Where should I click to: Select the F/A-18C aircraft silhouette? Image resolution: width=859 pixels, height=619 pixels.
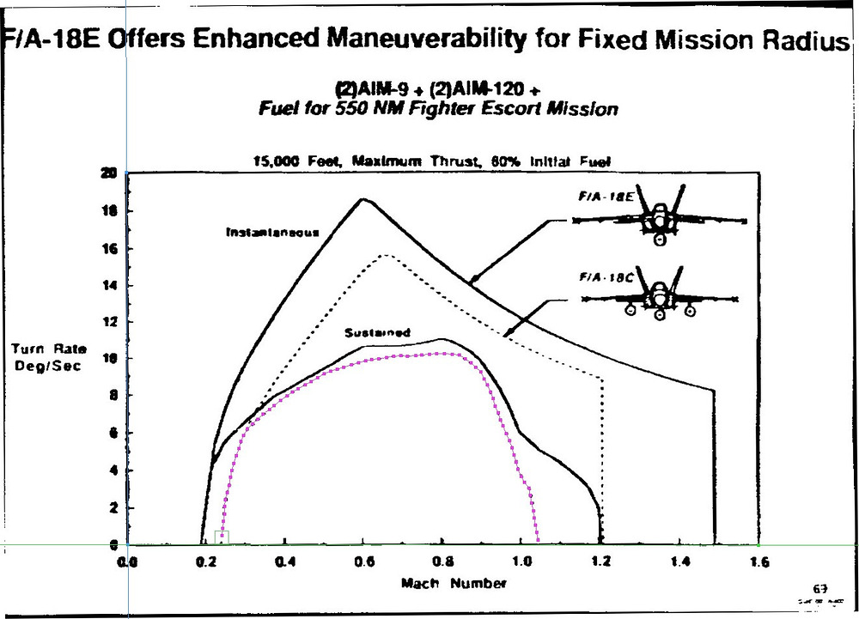click(x=659, y=298)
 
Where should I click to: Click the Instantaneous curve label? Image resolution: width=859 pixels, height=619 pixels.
click(x=272, y=232)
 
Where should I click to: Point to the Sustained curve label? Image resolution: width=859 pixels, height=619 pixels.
click(x=377, y=332)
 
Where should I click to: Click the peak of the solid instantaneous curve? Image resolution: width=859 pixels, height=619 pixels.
click(x=362, y=199)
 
